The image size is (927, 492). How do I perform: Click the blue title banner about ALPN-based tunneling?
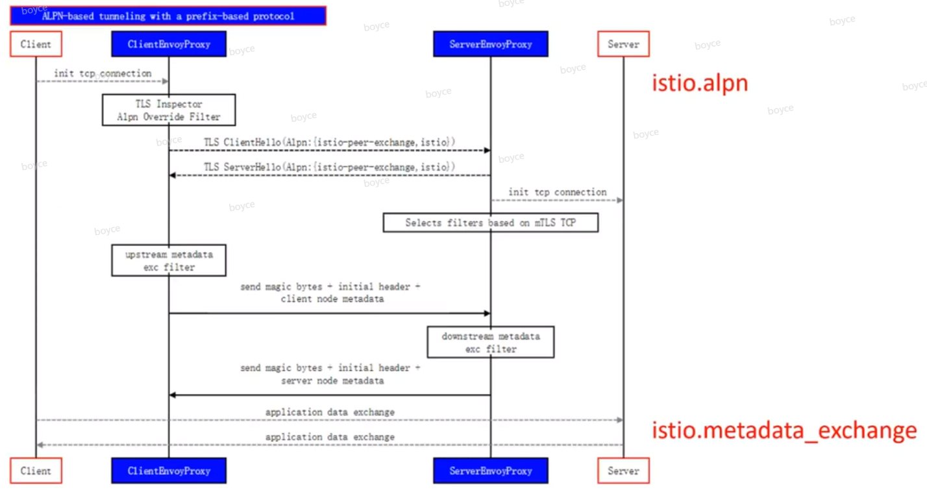tap(167, 16)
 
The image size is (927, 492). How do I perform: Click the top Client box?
tap(36, 44)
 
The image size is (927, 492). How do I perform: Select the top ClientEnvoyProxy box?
tap(169, 44)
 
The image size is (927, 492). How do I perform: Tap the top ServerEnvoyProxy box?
tap(491, 44)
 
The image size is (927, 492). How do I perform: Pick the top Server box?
tap(623, 44)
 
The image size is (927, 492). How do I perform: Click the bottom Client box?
tap(36, 471)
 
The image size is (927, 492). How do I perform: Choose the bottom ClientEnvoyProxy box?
tap(169, 471)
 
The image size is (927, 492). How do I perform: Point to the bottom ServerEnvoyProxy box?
tap(491, 471)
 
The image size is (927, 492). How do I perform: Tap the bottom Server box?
tap(623, 471)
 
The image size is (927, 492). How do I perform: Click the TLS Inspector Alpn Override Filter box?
tap(169, 110)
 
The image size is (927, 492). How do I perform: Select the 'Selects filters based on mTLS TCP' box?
tap(491, 223)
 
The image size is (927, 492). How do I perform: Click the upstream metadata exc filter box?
tap(169, 260)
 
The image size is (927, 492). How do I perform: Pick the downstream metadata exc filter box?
tap(491, 342)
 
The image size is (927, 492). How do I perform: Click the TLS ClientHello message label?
tap(329, 141)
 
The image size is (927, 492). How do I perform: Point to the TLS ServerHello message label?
tap(329, 167)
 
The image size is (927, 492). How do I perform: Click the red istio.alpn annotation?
tap(700, 83)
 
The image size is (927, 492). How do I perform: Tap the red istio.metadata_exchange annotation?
tap(784, 430)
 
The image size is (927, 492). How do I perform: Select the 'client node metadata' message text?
tap(332, 299)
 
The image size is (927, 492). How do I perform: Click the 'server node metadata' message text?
tap(332, 380)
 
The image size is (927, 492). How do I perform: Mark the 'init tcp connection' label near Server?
tap(557, 192)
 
